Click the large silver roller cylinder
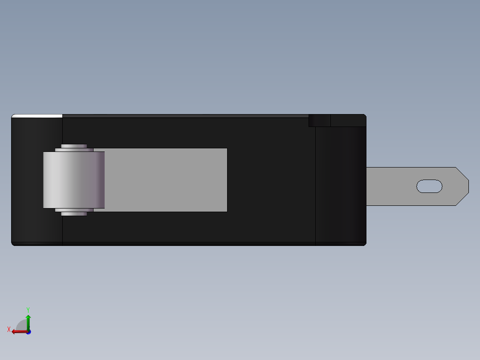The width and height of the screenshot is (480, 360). click(x=74, y=180)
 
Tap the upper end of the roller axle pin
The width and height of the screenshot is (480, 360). click(x=74, y=146)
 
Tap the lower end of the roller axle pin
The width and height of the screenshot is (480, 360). click(x=74, y=214)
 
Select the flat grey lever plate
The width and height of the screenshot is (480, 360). click(x=166, y=180)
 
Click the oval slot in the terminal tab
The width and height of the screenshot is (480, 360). click(x=429, y=186)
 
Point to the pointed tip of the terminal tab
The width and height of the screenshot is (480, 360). click(x=468, y=186)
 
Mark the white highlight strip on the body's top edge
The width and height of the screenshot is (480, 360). click(x=37, y=116)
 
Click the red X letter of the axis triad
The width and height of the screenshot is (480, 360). click(x=9, y=329)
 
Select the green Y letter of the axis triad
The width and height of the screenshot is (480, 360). click(x=28, y=310)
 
